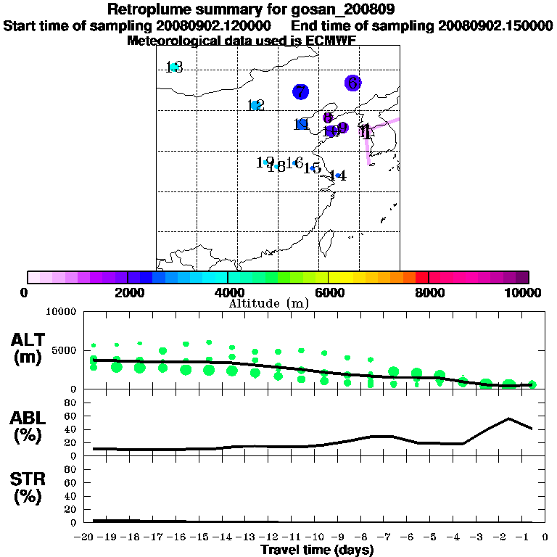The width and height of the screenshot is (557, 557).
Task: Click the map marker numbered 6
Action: pyautogui.click(x=353, y=83)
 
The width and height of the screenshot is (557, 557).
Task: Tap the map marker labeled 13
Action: pyautogui.click(x=173, y=67)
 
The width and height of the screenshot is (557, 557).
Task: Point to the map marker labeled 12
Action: pyautogui.click(x=255, y=105)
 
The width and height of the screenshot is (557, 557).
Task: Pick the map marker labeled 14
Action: pyautogui.click(x=338, y=175)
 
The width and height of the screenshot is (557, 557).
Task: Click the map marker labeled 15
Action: pyautogui.click(x=312, y=168)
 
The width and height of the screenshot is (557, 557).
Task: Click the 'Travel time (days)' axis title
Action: pyautogui.click(x=317, y=550)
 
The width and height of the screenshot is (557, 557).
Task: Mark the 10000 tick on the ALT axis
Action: pyautogui.click(x=62, y=313)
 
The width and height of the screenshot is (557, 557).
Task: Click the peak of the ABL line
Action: pyautogui.click(x=509, y=418)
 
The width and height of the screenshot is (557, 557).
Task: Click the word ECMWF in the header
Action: pyautogui.click(x=330, y=41)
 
